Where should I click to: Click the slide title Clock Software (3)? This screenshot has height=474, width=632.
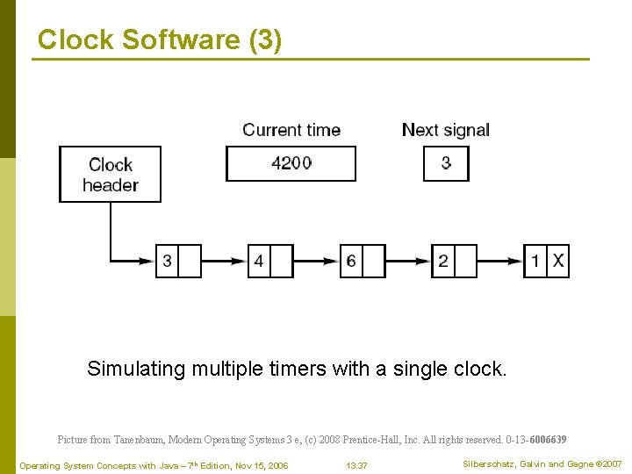click(160, 39)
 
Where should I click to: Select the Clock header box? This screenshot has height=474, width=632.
click(110, 174)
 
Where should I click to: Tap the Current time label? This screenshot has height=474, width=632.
click(291, 130)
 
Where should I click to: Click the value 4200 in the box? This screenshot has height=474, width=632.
click(291, 163)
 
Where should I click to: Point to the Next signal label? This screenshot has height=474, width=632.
click(445, 130)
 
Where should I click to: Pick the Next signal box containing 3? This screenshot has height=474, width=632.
click(446, 163)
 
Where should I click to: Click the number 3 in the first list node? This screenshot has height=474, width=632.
click(167, 261)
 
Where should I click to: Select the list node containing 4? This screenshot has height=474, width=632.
click(270, 261)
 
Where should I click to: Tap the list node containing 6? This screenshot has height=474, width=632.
click(363, 261)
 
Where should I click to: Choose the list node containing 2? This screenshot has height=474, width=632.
click(454, 261)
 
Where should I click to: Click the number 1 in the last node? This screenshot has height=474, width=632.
click(535, 261)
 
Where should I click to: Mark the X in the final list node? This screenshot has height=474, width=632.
click(558, 261)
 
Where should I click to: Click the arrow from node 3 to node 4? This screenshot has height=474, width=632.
click(224, 261)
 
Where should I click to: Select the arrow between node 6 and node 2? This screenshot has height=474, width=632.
click(408, 261)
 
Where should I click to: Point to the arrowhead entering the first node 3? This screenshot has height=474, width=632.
click(149, 261)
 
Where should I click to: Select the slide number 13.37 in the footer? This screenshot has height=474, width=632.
click(356, 465)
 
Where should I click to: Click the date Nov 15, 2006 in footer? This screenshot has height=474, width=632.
click(258, 465)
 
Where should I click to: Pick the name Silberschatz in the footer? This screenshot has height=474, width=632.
click(488, 463)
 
